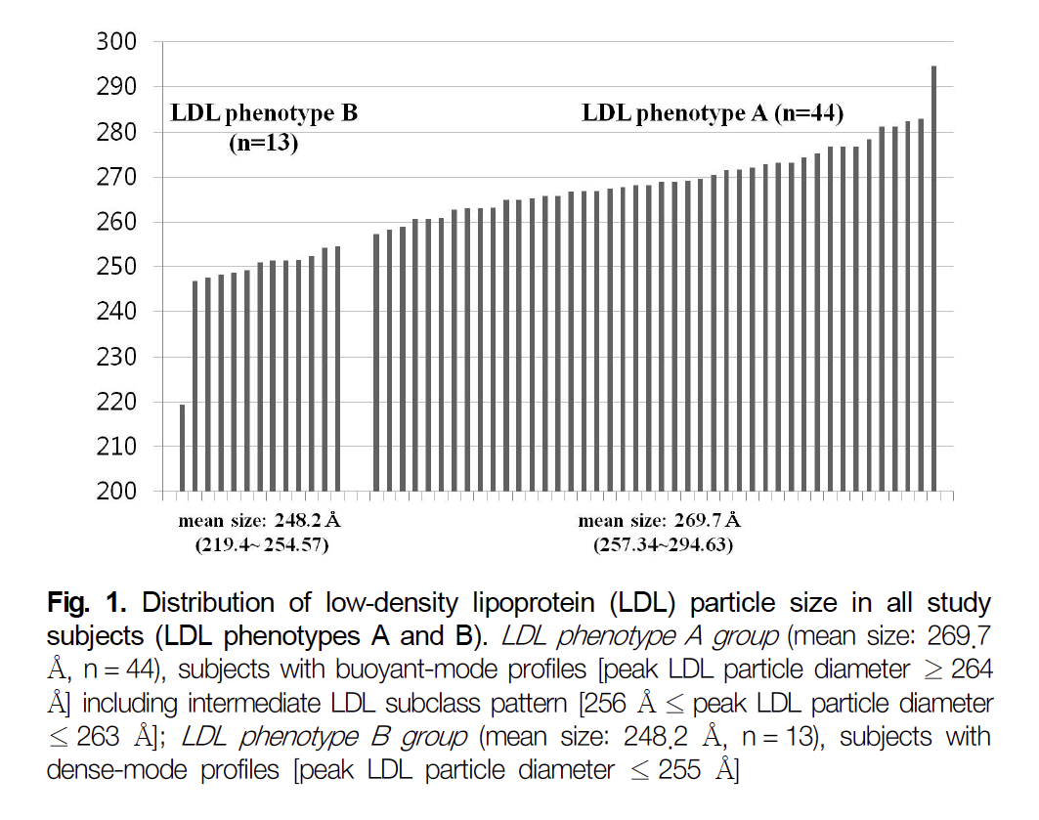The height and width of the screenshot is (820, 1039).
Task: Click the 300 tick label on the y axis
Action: pos(118,42)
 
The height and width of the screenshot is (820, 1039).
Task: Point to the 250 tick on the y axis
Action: pos(118,267)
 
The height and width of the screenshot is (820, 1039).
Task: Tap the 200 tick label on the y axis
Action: pos(118,492)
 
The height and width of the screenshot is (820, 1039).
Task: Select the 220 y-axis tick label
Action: pos(118,402)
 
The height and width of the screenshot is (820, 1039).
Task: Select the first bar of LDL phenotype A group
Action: pos(376,363)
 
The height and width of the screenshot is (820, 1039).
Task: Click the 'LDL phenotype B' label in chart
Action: pos(264,113)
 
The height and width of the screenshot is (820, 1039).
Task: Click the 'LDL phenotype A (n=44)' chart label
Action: pos(713,113)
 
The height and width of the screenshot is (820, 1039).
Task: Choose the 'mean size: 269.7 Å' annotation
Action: pos(660,520)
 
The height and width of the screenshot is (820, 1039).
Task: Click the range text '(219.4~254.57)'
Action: pos(252,545)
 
